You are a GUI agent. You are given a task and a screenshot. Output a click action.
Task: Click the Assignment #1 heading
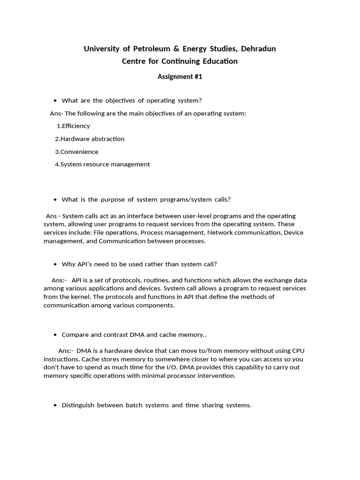click(x=180, y=77)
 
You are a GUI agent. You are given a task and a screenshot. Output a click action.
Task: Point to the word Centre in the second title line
click(x=134, y=61)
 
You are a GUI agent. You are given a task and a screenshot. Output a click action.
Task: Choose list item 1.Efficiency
click(x=73, y=126)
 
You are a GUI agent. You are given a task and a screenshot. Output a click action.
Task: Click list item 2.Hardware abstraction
click(x=90, y=139)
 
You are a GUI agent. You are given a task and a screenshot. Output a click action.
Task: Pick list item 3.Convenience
click(x=76, y=152)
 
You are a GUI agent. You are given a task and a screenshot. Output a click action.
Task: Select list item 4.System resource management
click(x=102, y=165)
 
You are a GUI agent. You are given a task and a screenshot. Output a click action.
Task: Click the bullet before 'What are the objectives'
click(x=55, y=101)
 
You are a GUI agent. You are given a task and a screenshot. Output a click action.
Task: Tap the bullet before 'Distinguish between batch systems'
click(x=55, y=405)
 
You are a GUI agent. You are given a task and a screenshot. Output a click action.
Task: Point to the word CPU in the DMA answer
click(x=301, y=351)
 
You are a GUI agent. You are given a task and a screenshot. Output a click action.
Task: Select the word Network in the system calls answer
click(x=223, y=232)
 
